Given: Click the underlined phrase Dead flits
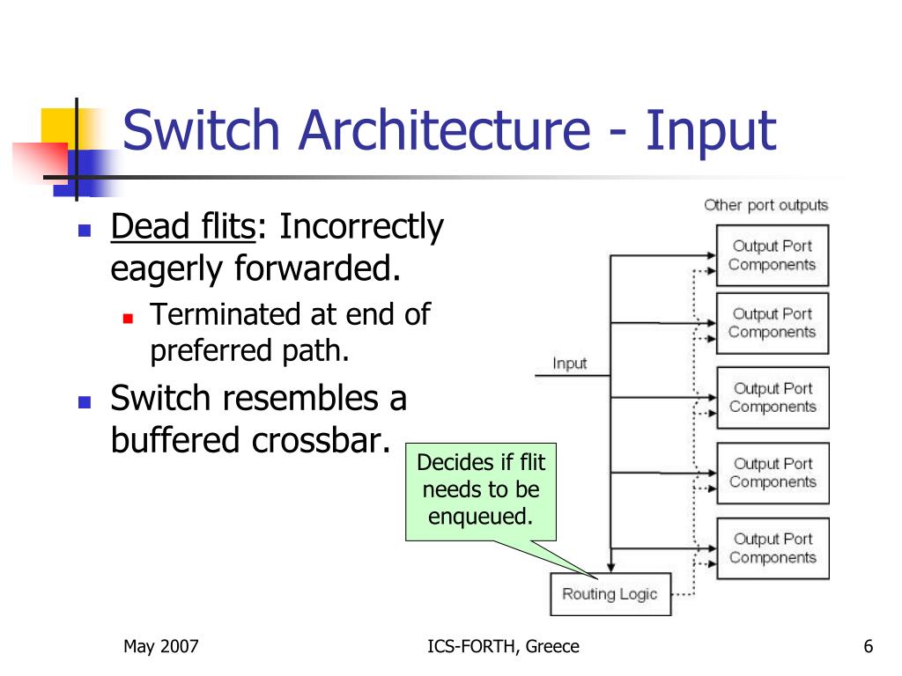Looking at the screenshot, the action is pyautogui.click(x=183, y=226).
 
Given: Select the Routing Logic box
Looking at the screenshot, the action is pyautogui.click(x=610, y=594).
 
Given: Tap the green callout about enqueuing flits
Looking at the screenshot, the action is pyautogui.click(x=481, y=491).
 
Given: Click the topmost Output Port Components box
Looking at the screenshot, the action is pyautogui.click(x=772, y=255).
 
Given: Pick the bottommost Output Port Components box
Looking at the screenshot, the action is pyautogui.click(x=773, y=547).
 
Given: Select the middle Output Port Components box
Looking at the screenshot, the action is pyautogui.click(x=773, y=397).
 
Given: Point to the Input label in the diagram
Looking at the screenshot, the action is pyautogui.click(x=570, y=364).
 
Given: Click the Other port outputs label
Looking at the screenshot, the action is pyautogui.click(x=765, y=205).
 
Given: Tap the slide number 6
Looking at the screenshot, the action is pyautogui.click(x=868, y=646).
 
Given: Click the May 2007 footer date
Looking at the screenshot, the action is pyautogui.click(x=160, y=646).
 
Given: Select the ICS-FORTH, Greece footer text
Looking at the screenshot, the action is pyautogui.click(x=503, y=646).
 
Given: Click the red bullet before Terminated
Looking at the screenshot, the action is pyautogui.click(x=128, y=318).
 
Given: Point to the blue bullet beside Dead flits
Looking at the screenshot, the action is pyautogui.click(x=85, y=231).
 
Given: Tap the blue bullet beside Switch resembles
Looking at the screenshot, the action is pyautogui.click(x=85, y=401).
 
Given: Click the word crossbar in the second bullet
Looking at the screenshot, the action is pyautogui.click(x=321, y=440).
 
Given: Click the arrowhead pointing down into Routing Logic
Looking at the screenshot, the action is pyautogui.click(x=611, y=568).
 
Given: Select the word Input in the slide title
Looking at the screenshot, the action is pyautogui.click(x=711, y=131).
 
